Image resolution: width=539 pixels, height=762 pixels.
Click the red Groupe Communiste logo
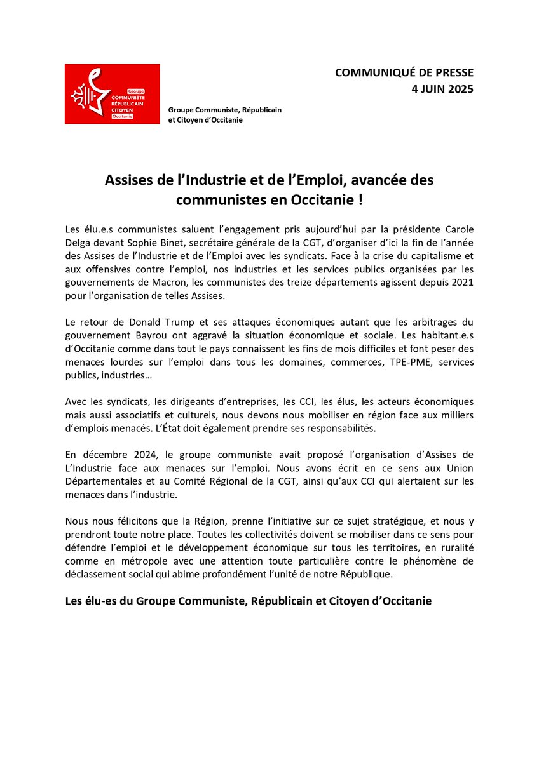[112, 94]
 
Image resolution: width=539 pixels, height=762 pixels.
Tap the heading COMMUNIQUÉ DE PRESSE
[404, 73]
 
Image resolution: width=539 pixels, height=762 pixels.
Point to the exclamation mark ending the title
[360, 199]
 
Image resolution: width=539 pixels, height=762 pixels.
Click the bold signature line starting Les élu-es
[249, 601]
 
